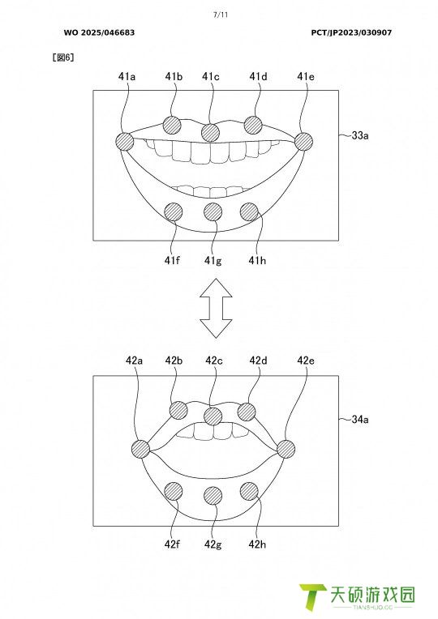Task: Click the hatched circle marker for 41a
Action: click(125, 141)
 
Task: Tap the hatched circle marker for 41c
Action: click(210, 132)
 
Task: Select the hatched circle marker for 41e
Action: click(303, 141)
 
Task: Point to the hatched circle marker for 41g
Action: click(213, 212)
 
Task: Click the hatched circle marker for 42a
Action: click(140, 449)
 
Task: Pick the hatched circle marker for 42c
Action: click(213, 416)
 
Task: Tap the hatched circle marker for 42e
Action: click(286, 449)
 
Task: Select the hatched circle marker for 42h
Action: click(250, 492)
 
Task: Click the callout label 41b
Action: click(174, 76)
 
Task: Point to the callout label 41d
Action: click(258, 76)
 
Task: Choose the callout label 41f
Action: click(172, 261)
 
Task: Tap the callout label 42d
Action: click(258, 361)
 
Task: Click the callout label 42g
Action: click(213, 544)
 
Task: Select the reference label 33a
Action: click(360, 135)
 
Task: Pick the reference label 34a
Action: click(360, 419)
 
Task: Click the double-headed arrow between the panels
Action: click(216, 309)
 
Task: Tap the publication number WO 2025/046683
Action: click(99, 32)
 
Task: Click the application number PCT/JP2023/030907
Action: click(351, 32)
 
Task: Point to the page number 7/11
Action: click(221, 15)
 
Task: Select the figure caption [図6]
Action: click(63, 58)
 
